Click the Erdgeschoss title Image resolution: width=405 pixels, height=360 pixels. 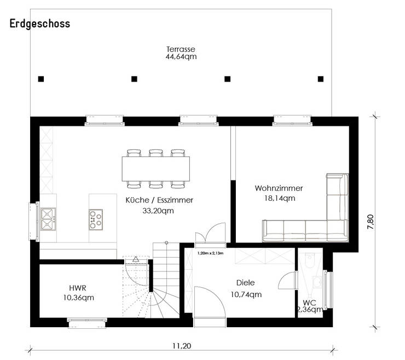pos(40,24)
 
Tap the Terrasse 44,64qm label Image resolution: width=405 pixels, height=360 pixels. pos(181,53)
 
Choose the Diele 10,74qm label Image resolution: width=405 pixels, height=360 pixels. pos(246,288)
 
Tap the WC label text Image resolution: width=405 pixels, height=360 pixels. pos(309,303)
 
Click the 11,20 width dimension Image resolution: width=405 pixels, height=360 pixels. pos(182,346)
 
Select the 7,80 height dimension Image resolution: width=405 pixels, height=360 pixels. pos(371,222)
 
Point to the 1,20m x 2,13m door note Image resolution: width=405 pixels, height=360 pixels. pos(210,253)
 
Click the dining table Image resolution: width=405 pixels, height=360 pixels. pos(156,169)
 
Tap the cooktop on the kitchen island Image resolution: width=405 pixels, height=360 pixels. pos(96,220)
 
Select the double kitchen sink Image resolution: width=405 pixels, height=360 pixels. pos(48,219)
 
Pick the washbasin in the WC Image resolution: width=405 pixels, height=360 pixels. pos(317,282)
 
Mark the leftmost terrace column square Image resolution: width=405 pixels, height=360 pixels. pos(41,79)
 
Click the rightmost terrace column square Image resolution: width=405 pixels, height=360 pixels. pos(321,79)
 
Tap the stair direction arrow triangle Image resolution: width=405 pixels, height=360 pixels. pos(136,259)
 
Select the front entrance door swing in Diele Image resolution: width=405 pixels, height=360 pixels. pos(210,303)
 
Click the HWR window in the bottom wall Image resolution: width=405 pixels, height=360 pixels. pos(88,323)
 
